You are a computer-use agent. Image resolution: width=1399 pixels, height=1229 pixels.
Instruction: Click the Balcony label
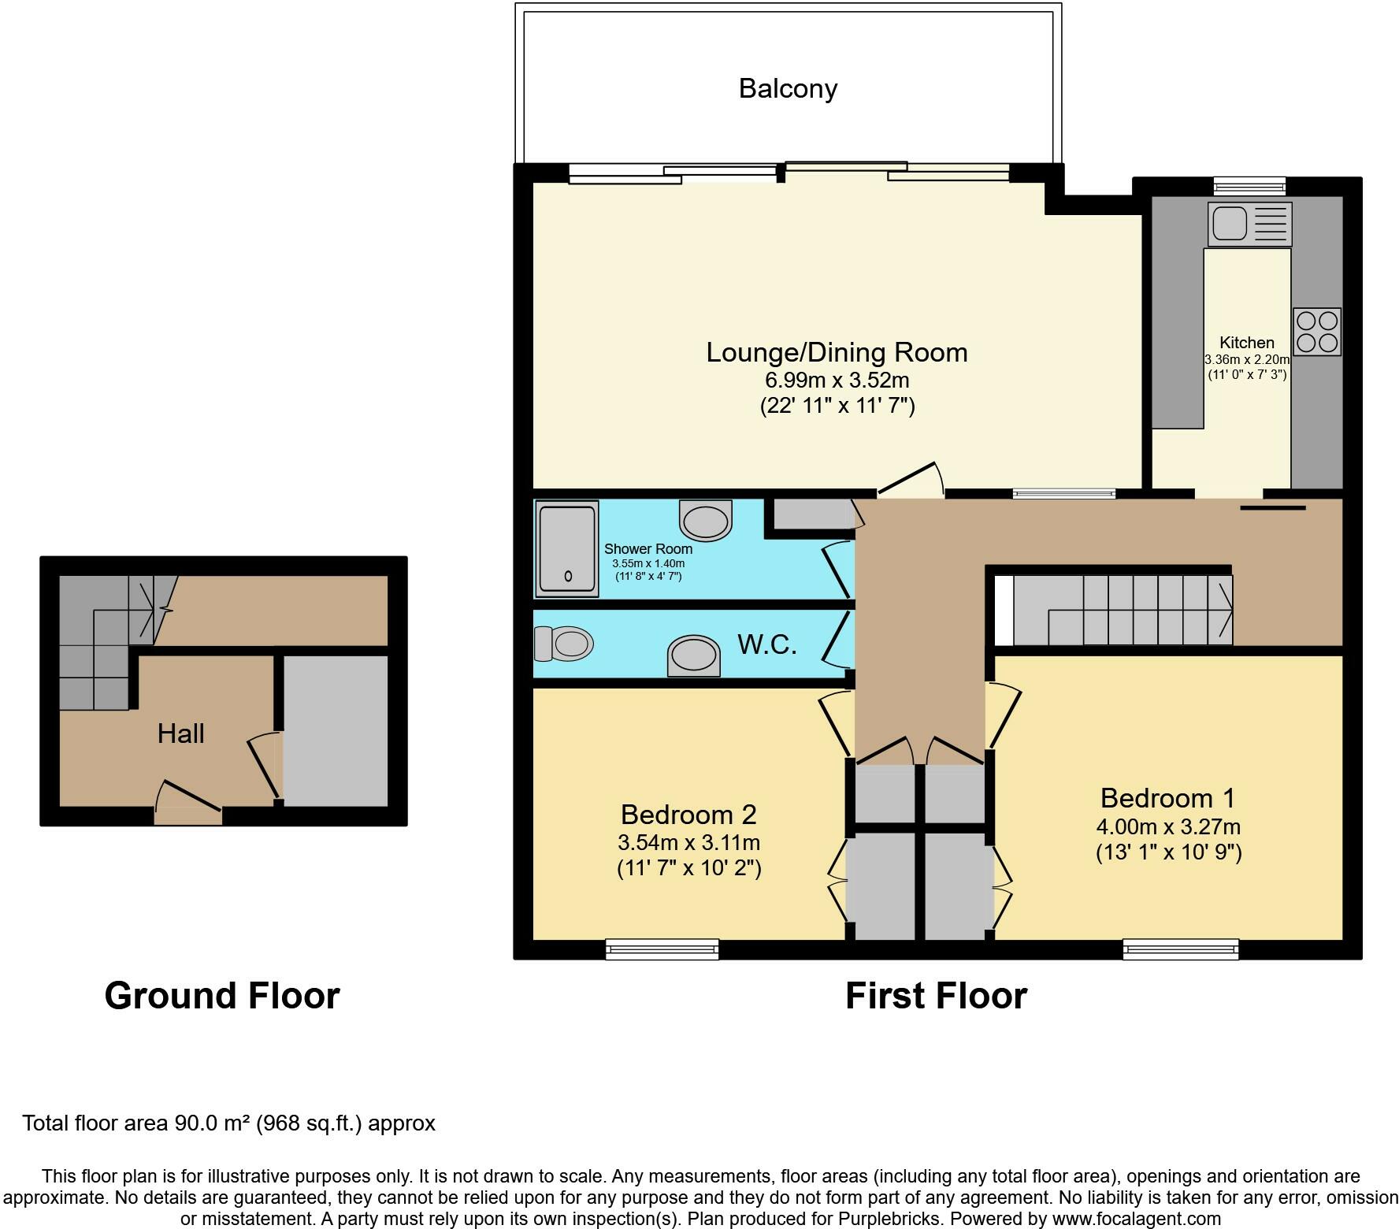(x=788, y=88)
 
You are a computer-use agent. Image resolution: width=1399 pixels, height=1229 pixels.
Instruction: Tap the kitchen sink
(x=1249, y=224)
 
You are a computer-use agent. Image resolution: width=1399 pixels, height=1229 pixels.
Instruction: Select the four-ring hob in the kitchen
(x=1316, y=332)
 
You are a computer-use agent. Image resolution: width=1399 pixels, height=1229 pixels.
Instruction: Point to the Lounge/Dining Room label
(x=837, y=352)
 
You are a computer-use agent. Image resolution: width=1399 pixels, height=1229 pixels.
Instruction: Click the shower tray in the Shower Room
(x=567, y=550)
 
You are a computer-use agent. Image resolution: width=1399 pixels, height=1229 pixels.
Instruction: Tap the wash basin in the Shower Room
(x=705, y=520)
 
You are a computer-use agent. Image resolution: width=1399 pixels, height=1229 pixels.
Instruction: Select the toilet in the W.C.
(x=562, y=644)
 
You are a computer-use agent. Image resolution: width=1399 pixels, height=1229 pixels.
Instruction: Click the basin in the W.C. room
(x=694, y=655)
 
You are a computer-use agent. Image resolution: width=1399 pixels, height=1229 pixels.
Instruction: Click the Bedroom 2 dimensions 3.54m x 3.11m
(x=689, y=842)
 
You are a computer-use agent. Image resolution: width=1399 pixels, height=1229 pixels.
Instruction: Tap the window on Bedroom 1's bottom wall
(x=1181, y=949)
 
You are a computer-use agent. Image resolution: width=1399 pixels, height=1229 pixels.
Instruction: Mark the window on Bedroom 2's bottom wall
(x=662, y=949)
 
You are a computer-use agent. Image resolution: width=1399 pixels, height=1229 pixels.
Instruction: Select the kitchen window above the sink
(x=1249, y=187)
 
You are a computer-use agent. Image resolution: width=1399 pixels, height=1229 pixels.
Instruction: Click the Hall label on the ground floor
(x=181, y=733)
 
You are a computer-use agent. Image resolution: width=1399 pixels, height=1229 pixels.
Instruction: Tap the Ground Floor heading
(x=222, y=996)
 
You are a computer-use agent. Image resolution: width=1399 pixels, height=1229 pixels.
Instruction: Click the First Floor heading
(x=937, y=996)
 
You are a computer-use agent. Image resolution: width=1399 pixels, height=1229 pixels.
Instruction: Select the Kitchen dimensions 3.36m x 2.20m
(x=1247, y=359)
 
